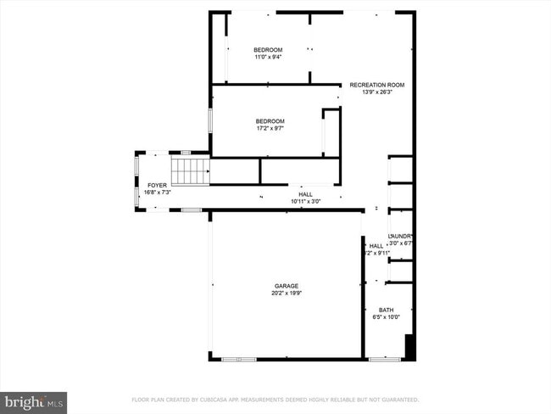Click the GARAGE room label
pyautogui.click(x=285, y=286)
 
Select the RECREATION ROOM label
pyautogui.click(x=378, y=85)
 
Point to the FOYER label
pyautogui.click(x=158, y=185)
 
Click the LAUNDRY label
pyautogui.click(x=400, y=236)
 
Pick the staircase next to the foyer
pyautogui.click(x=191, y=172)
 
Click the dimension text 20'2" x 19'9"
pyautogui.click(x=285, y=294)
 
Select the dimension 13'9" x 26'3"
pyautogui.click(x=378, y=92)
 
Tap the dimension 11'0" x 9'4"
pyautogui.click(x=268, y=58)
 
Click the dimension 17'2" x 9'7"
pyautogui.click(x=270, y=128)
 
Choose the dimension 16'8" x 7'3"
pyautogui.click(x=158, y=193)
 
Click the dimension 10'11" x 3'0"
pyautogui.click(x=305, y=201)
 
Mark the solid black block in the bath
pyautogui.click(x=410, y=348)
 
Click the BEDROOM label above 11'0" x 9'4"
pyautogui.click(x=268, y=50)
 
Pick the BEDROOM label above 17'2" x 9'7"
pyautogui.click(x=270, y=120)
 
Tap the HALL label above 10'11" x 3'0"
pyautogui.click(x=305, y=193)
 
